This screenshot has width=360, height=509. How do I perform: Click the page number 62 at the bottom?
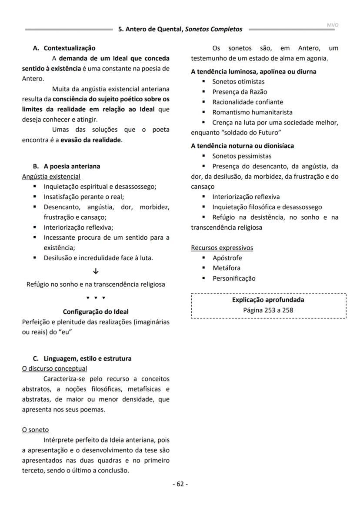180,484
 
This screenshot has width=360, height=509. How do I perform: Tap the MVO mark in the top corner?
332,25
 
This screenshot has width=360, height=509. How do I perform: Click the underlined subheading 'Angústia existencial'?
51,176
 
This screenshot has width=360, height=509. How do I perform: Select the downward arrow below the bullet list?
96,271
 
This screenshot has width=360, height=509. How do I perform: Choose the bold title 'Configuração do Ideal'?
96,311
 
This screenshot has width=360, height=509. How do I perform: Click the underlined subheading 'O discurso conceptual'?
54,368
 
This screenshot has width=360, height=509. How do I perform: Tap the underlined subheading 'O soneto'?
35,429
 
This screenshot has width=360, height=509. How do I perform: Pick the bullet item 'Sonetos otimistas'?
238,81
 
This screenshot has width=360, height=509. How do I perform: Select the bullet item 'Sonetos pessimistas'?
242,156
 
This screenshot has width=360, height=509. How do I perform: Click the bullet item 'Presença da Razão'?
240,92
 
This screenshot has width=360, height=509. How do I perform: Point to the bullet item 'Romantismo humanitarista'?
252,112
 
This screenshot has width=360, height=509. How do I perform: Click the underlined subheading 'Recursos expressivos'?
222,248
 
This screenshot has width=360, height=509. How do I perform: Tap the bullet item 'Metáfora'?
226,268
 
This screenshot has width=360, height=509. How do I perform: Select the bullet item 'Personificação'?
234,278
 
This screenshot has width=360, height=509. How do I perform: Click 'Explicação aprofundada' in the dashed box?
268,300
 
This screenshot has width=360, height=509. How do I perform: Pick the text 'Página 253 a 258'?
268,310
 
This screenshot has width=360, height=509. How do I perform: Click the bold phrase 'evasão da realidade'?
90,140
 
